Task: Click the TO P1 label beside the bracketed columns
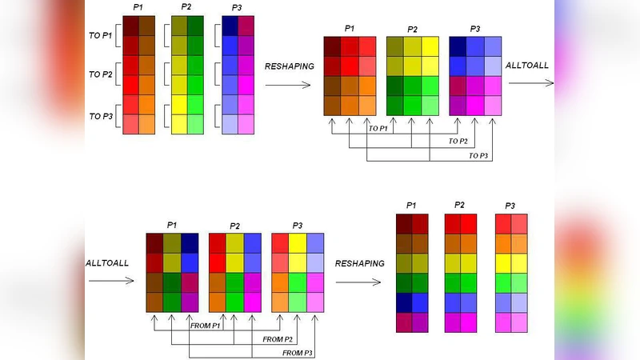[100, 36]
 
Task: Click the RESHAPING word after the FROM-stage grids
[360, 262]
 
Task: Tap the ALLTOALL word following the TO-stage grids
[528, 65]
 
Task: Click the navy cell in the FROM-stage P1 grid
[190, 242]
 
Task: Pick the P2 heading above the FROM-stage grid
[234, 226]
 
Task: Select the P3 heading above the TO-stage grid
[475, 29]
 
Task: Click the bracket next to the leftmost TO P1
[117, 35]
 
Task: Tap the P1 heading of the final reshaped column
[412, 205]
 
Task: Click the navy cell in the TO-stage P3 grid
[458, 46]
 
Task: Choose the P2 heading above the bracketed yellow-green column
[186, 7]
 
